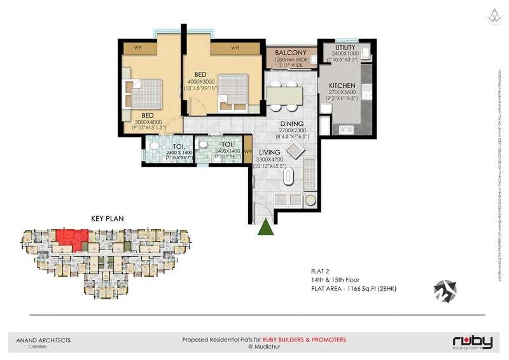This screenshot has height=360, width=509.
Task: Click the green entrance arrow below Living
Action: pyautogui.click(x=266, y=226)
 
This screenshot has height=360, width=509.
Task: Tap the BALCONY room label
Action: pyautogui.click(x=291, y=53)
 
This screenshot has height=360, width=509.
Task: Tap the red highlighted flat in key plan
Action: pyautogui.click(x=69, y=239)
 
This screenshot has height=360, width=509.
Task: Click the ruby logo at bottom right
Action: pyautogui.click(x=471, y=342)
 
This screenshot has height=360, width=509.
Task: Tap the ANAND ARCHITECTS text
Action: pyautogui.click(x=43, y=340)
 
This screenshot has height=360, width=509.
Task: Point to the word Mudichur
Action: pyautogui.click(x=267, y=347)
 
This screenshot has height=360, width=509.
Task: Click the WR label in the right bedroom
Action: pyautogui.click(x=235, y=48)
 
